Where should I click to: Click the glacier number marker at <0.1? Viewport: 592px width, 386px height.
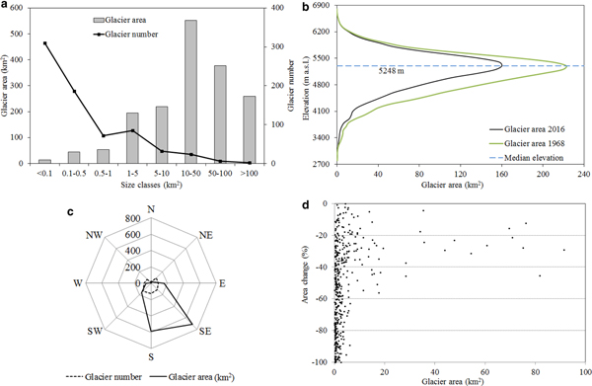(45, 43)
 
